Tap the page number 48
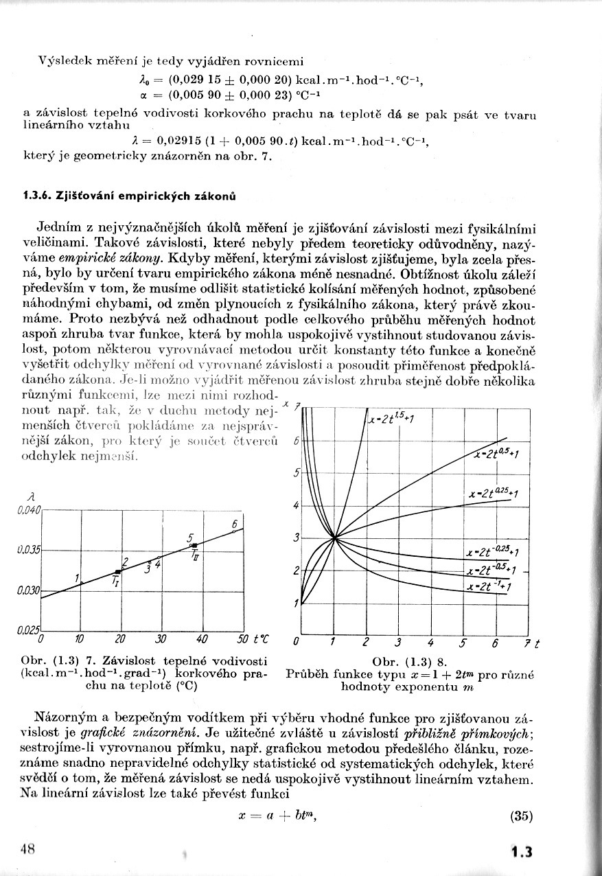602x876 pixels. coord(27,848)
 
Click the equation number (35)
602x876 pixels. coord(522,816)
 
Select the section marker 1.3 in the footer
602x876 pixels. coord(522,852)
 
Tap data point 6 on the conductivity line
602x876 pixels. coord(234,531)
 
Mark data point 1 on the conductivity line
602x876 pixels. coord(82,583)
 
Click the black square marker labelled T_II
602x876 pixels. coord(196,545)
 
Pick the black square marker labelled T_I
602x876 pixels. coord(118,571)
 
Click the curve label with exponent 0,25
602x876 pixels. coord(494,494)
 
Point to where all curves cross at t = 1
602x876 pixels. coord(334,538)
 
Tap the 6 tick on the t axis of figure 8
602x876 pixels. coord(495,643)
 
